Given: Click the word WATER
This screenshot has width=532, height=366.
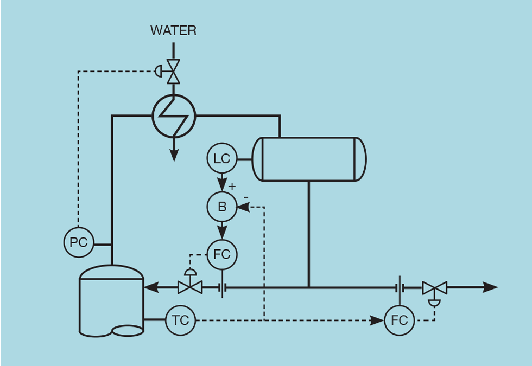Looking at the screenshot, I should [x=173, y=31].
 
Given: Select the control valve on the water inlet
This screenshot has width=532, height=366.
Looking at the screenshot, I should [x=173, y=71].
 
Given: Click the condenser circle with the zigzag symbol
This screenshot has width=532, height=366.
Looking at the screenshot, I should [x=174, y=116].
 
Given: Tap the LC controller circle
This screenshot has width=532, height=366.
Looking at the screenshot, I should [x=222, y=159].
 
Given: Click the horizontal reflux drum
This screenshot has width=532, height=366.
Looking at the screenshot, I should [x=309, y=159].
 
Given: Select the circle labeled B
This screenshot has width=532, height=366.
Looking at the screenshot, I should [x=222, y=207].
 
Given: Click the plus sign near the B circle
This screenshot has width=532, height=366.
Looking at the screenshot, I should [x=232, y=187].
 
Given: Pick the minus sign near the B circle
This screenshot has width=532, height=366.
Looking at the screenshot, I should [x=245, y=196].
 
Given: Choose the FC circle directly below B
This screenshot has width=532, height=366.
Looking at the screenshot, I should [x=222, y=254].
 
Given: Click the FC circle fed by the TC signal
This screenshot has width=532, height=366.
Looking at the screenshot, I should [x=400, y=320].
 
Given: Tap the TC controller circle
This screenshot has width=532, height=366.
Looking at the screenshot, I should [x=180, y=320].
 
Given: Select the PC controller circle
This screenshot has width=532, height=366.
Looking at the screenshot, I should [x=79, y=242].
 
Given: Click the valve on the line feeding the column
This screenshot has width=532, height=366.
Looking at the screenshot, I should [x=190, y=286].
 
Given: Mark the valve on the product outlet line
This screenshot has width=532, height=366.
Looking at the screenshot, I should [x=434, y=288].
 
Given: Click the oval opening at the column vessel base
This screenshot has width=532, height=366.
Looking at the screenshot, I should [x=128, y=330].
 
